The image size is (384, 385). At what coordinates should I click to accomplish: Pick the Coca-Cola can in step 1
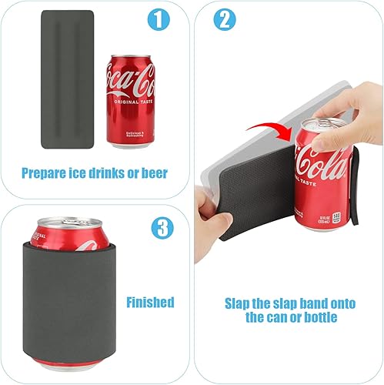coord(130,101)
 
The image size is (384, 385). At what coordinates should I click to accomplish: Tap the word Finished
coord(151,302)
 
